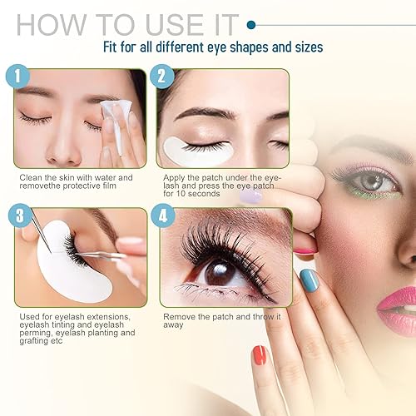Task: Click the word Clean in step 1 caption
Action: pyautogui.click(x=32, y=177)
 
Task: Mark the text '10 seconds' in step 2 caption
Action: pyautogui.click(x=191, y=194)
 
